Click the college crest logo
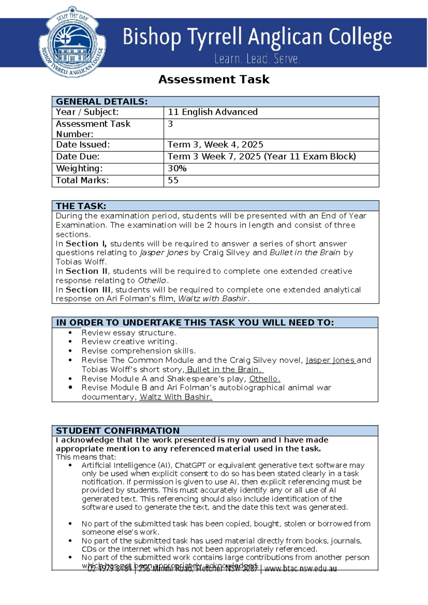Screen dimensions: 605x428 coord(72,42)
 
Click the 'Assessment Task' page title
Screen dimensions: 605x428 coord(214,79)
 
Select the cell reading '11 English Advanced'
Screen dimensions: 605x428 coord(213,112)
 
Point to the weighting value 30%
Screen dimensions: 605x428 coord(177,168)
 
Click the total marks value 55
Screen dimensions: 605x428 coord(173,180)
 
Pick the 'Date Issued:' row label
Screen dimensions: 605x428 coord(83,144)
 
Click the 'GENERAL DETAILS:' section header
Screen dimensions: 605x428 coord(102,102)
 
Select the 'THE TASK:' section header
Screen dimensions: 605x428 coord(81,206)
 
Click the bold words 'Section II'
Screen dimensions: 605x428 coord(87,271)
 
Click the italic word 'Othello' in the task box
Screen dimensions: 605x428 coord(152,280)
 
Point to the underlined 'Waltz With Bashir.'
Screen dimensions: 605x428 coord(176,397)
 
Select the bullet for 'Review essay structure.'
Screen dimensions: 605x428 coord(70,333)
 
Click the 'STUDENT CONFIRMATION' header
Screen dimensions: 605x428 coord(118,431)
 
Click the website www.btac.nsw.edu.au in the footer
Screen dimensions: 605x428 coord(300,569)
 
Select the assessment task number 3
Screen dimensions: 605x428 coord(170,124)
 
